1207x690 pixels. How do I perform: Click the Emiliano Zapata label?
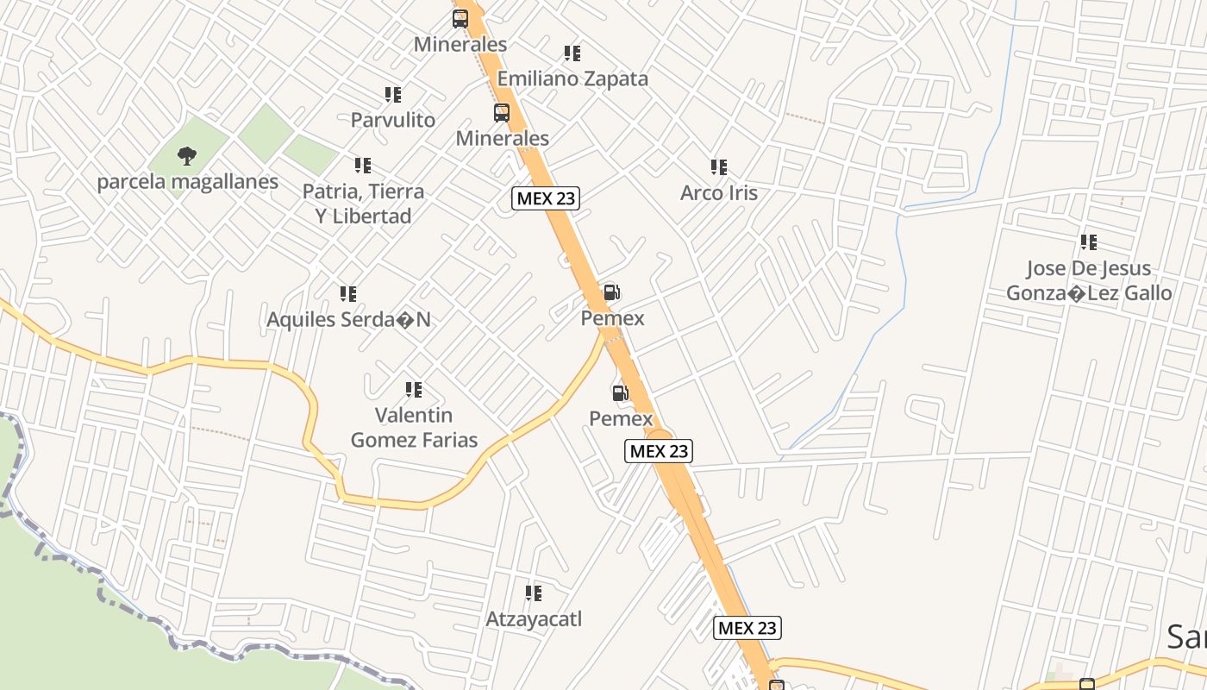(572, 78)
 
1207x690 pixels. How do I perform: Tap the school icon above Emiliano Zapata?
(572, 53)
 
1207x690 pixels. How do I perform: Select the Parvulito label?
(392, 120)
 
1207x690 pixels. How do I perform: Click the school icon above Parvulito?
(392, 95)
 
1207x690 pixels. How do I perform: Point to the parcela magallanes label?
(187, 182)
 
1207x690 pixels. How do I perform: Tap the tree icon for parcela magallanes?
(186, 156)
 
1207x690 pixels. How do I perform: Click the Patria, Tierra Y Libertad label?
(363, 203)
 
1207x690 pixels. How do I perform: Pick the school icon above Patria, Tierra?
(362, 165)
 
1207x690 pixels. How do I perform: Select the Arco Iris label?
(718, 192)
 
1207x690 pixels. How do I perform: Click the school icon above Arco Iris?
(718, 167)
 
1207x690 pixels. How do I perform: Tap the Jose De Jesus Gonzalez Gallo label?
(1089, 280)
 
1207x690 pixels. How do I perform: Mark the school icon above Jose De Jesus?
(1089, 242)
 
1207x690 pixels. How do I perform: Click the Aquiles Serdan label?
(348, 319)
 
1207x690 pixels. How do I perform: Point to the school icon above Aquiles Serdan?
(347, 294)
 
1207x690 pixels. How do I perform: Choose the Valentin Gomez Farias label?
(414, 428)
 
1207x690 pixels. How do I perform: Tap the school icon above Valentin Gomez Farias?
(414, 390)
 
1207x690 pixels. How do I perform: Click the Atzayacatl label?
(534, 618)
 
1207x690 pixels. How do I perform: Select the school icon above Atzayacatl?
(534, 593)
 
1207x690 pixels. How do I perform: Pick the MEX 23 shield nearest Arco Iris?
(545, 198)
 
